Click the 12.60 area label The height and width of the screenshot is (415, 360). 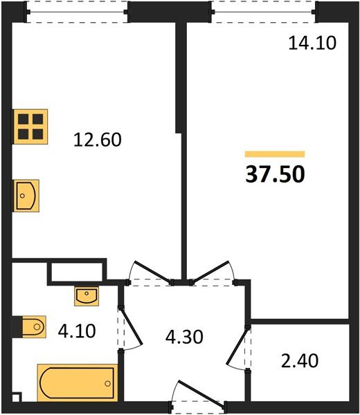point(98,140)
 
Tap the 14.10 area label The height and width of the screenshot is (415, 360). point(312,43)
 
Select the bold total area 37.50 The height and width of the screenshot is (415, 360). point(276,174)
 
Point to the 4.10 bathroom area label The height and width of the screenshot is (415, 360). point(77,331)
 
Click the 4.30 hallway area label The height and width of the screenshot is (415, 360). point(184,337)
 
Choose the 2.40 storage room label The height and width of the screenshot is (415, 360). point(300,361)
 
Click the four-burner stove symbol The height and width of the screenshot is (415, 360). point(30,127)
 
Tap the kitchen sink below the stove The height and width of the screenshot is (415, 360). point(26,196)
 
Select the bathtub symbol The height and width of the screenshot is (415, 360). point(78,382)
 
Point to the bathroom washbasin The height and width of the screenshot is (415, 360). point(87,296)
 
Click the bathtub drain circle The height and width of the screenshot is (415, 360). point(107,383)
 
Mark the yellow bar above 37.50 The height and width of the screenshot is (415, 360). point(275,154)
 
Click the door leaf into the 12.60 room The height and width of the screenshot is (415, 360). point(153,272)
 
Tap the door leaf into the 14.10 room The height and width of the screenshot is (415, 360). point(211,271)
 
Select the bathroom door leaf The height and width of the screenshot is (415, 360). point(132,326)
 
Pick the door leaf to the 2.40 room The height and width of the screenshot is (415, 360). point(237,347)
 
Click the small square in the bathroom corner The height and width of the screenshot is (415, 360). point(16,397)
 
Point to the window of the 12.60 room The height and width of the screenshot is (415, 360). point(77,12)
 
